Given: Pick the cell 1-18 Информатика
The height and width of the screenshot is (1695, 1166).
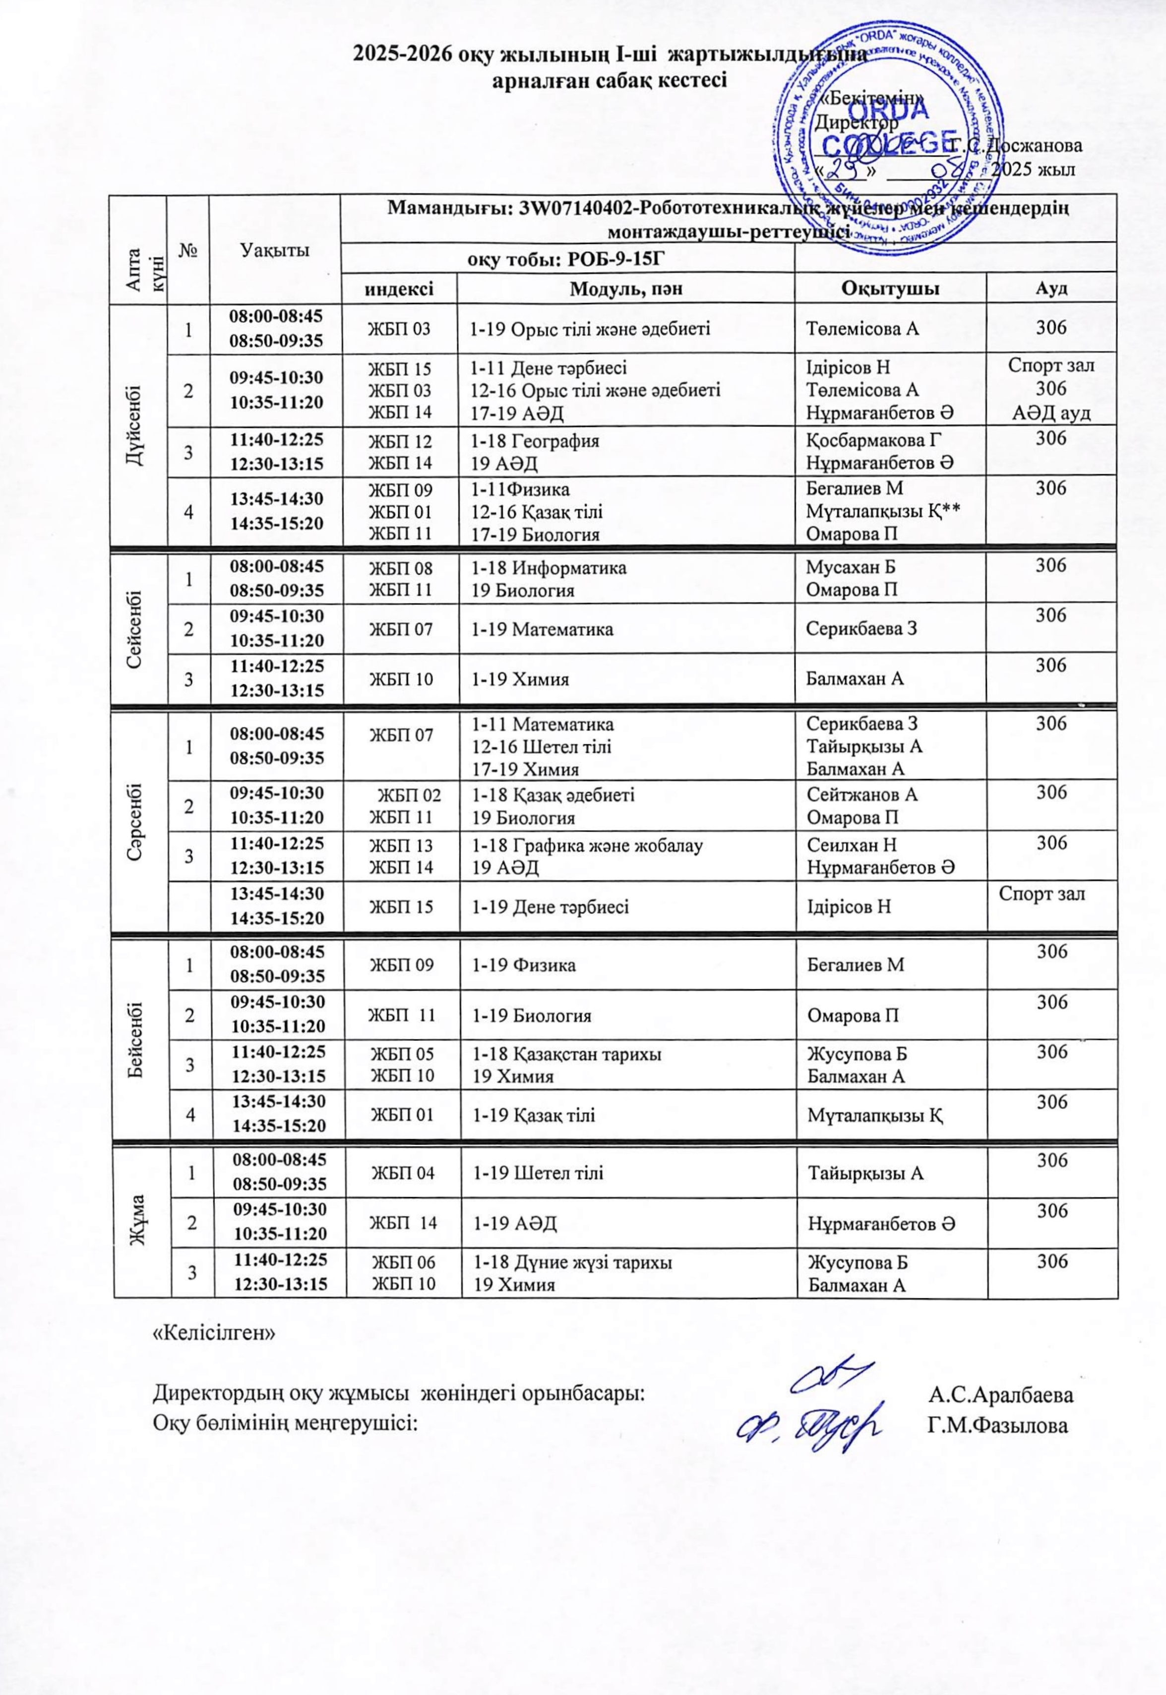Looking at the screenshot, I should [x=549, y=567].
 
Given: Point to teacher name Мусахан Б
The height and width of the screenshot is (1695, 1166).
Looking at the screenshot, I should [x=851, y=567].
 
